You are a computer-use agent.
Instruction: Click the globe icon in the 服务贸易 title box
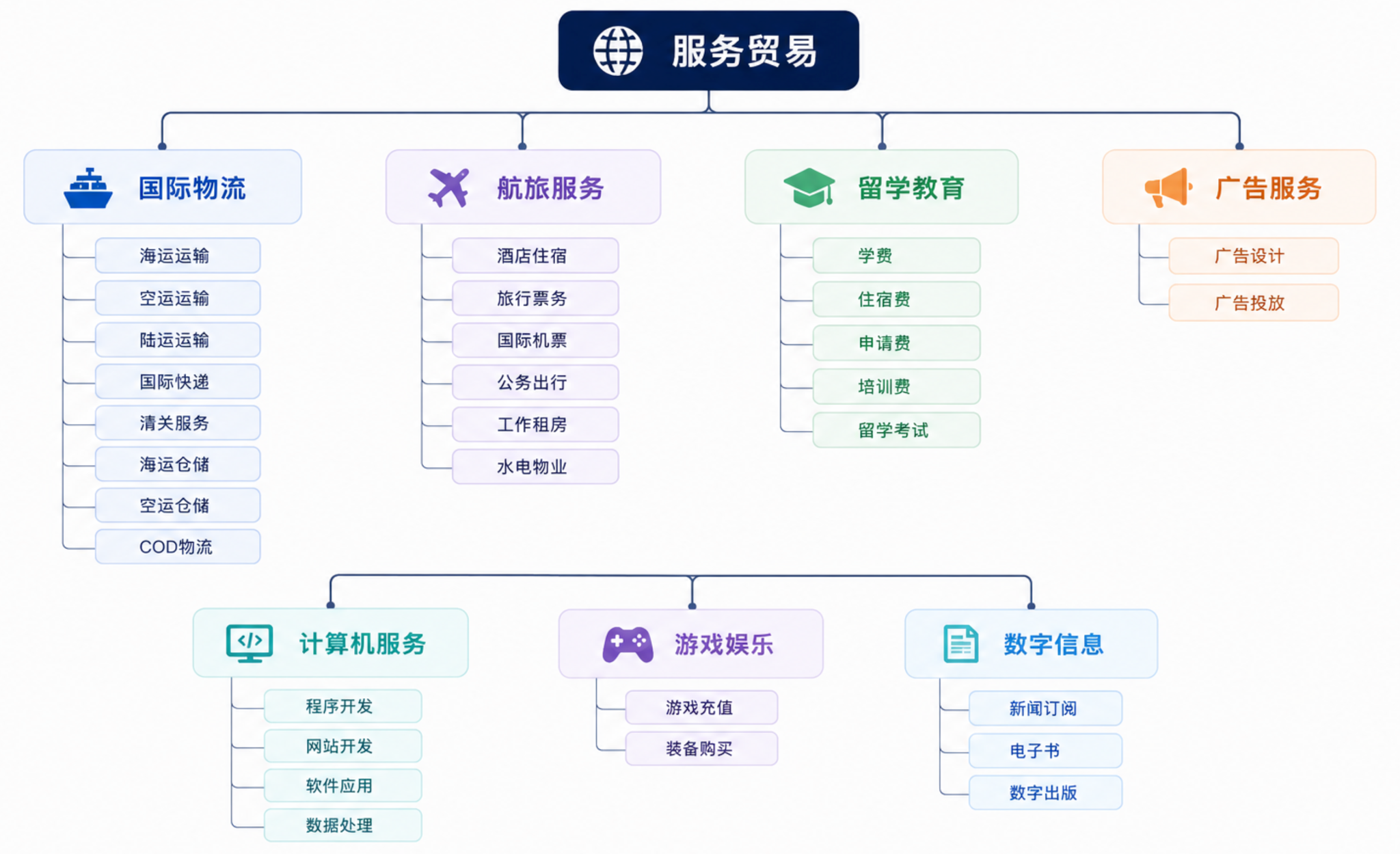618,51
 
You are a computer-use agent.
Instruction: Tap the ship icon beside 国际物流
88,188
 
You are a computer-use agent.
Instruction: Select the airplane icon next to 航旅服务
449,187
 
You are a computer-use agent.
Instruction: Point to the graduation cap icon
809,187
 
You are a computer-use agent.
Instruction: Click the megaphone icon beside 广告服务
1168,187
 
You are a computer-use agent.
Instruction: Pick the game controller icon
628,644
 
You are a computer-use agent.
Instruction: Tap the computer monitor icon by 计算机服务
250,643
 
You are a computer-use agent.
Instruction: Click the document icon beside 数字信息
961,644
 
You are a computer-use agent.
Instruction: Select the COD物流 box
178,546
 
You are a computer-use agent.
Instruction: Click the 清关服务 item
178,423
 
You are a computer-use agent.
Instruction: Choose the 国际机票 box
535,340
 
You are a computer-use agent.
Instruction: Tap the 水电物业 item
535,466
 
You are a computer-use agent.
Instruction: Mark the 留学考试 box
896,430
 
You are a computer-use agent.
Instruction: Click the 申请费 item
896,343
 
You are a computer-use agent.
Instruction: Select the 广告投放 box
1254,302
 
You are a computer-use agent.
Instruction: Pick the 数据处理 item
342,825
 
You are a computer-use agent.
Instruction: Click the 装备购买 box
701,749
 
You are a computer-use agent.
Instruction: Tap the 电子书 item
1045,751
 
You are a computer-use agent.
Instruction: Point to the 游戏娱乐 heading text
724,644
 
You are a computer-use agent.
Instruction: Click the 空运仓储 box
178,505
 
